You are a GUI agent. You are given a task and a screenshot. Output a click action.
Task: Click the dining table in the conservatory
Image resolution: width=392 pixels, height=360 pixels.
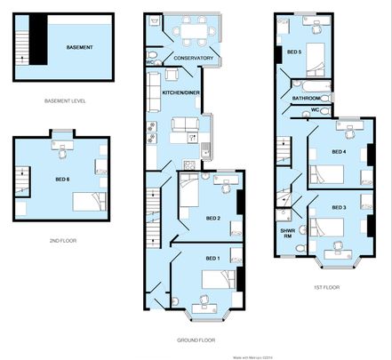pos(188,32)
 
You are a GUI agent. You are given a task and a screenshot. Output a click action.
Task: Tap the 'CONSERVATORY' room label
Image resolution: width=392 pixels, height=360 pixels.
pos(193,59)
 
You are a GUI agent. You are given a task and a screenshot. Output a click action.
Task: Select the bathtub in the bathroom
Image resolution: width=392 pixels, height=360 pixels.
pos(313,86)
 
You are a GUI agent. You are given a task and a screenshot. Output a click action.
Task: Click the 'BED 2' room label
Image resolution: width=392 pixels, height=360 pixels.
pos(213,218)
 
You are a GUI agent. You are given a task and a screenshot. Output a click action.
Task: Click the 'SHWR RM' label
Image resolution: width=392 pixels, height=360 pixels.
pos(287,232)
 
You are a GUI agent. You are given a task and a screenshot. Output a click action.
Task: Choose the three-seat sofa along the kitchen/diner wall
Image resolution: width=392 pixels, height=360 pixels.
pos(153,88)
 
